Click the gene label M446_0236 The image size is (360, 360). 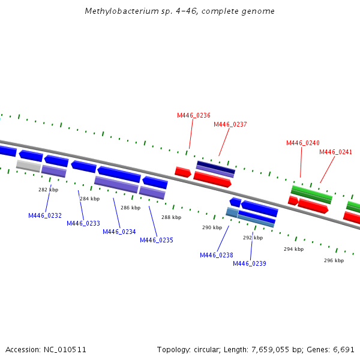193,115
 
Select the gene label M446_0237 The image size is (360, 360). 230,124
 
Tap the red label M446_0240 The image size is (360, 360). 302,143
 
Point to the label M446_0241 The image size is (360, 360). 335,152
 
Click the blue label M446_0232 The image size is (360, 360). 45,215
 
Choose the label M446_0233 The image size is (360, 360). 83,223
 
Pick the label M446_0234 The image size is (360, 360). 119,232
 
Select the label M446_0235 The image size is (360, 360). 157,240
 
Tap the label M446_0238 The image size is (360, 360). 217,255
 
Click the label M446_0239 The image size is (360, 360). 250,263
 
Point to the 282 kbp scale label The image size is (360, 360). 48,190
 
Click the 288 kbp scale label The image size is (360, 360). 171,217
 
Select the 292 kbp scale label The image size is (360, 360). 253,238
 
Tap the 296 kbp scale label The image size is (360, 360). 334,260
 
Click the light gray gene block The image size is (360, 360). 28,165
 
